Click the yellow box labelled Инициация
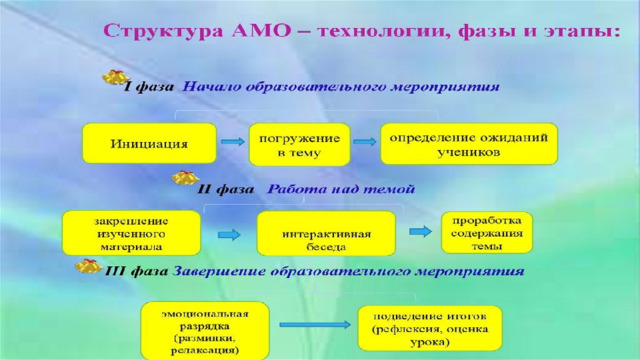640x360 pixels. (x=149, y=143)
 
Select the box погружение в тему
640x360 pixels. (x=300, y=144)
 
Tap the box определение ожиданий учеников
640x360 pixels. (x=469, y=144)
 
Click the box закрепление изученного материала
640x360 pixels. (x=131, y=233)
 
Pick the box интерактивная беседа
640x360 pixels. (x=326, y=233)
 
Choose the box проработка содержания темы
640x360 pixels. (x=487, y=233)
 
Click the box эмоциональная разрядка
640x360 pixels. (x=205, y=331)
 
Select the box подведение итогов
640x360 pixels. (x=430, y=328)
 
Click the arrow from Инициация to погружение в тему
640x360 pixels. (x=233, y=142)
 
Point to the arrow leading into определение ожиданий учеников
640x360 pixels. (x=365, y=142)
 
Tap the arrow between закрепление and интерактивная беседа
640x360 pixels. (x=229, y=235)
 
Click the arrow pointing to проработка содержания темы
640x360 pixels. (x=420, y=231)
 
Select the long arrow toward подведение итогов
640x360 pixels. (x=315, y=325)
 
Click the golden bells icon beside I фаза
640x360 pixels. (x=116, y=77)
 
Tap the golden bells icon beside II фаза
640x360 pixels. (x=185, y=178)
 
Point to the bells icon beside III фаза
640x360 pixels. (x=88, y=266)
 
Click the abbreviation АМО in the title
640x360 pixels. (x=261, y=31)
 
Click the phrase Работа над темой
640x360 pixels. (x=341, y=189)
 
